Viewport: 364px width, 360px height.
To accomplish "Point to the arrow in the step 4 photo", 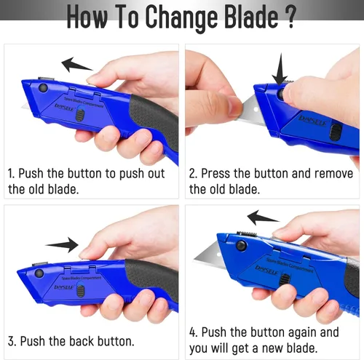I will [263, 217].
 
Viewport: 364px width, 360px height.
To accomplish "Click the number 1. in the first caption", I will [12, 175].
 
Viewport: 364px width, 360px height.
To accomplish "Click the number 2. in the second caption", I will [194, 175].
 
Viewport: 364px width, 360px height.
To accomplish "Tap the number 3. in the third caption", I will [12, 341].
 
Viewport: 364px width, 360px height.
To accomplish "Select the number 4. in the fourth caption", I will [194, 332].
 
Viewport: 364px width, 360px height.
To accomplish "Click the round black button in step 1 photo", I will [44, 87].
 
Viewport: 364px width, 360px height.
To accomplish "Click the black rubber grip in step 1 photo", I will [153, 116].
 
